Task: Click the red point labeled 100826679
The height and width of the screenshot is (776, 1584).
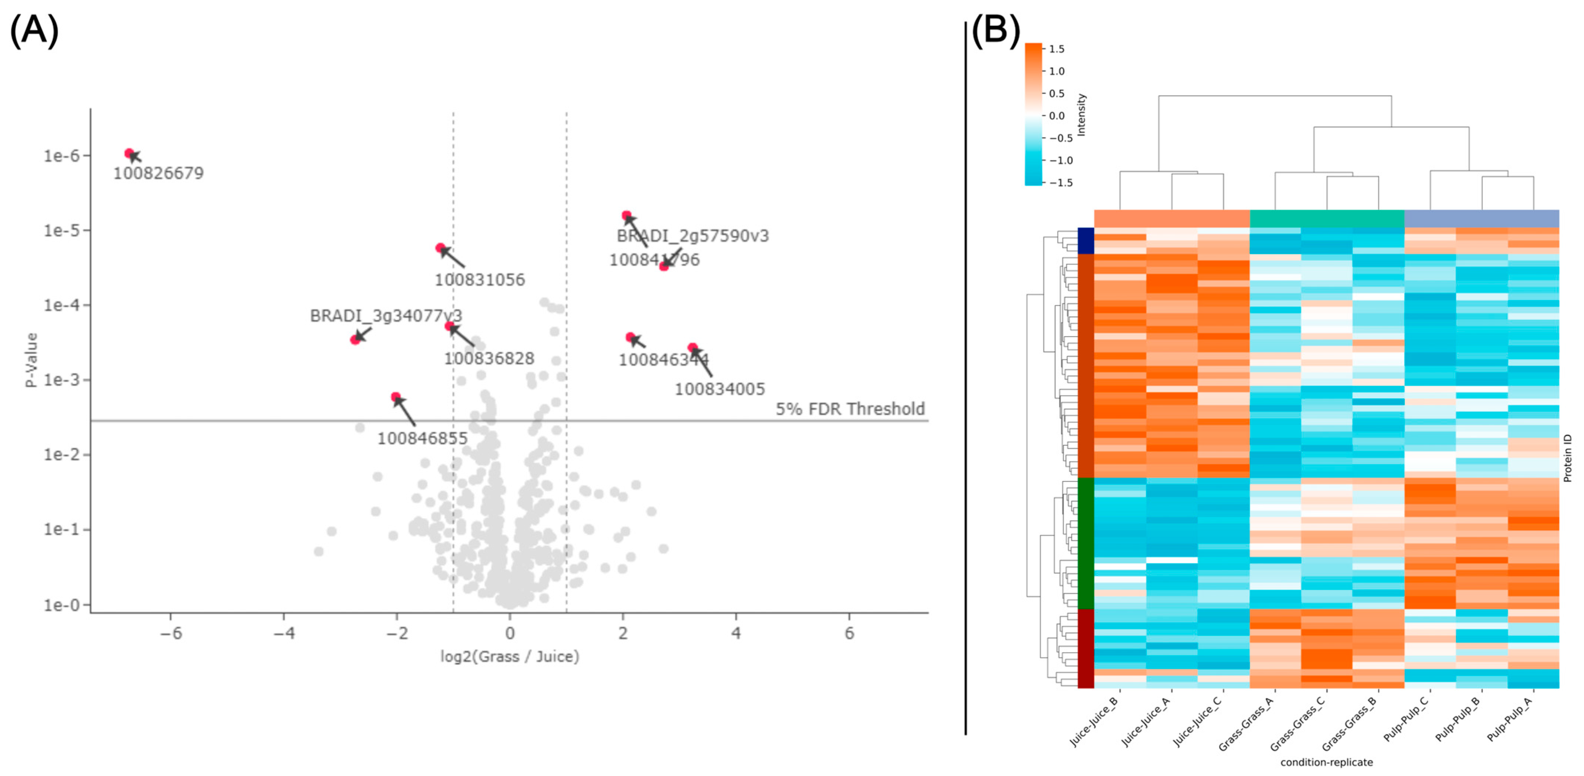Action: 129,153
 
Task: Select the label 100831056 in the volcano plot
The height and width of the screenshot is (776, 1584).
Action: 480,280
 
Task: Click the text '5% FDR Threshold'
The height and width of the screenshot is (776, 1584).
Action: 850,409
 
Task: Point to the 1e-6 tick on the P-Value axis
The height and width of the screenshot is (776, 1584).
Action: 61,156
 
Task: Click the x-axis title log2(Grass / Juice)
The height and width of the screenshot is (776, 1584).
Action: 509,657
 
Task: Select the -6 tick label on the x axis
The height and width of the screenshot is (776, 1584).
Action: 170,633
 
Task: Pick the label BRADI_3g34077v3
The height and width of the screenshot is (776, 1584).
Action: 386,316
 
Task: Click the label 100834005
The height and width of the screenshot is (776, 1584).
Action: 720,389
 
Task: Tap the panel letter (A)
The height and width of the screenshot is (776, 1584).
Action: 34,31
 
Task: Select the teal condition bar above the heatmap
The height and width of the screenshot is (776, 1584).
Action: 1327,218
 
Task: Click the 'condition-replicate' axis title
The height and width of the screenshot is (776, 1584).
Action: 1326,762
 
